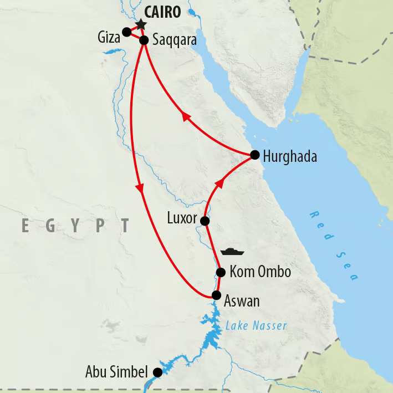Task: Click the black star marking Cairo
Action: click(x=140, y=24)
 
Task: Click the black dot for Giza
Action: click(x=126, y=32)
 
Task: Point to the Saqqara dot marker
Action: click(x=144, y=40)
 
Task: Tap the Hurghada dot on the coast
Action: click(x=254, y=155)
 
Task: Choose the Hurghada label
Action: click(x=290, y=157)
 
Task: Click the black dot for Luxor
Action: click(x=205, y=221)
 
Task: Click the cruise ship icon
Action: click(x=232, y=251)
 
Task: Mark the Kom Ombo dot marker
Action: click(x=221, y=272)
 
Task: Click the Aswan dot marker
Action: click(x=216, y=295)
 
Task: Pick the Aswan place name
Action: click(x=242, y=302)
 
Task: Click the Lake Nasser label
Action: click(x=256, y=326)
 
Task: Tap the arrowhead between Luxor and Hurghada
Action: click(x=220, y=182)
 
